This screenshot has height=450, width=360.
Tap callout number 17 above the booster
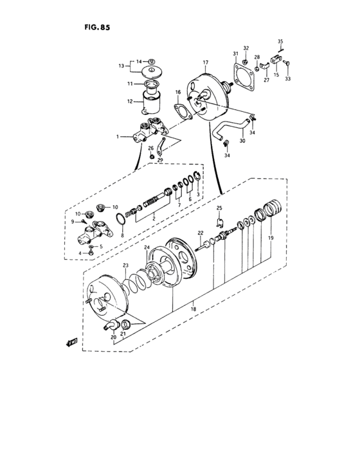206,63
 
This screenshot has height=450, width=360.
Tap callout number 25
219,208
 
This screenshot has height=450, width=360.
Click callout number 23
125,265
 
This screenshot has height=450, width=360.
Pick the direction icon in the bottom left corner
71,343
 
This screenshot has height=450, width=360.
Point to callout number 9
74,221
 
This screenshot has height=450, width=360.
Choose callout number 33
287,79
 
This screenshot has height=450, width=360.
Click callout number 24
146,248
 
